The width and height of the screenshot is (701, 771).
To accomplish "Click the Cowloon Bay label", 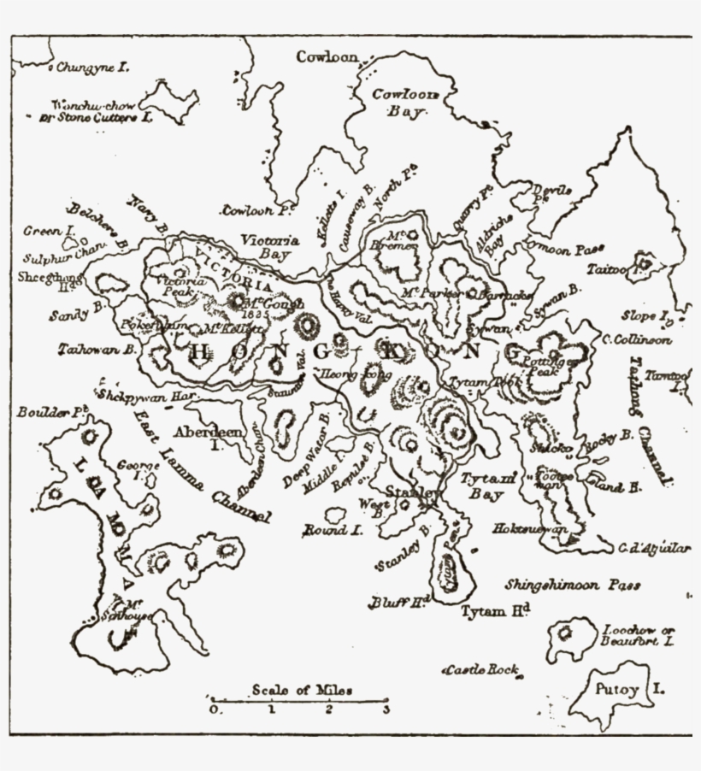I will (404, 103).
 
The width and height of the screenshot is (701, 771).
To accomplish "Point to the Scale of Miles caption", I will (302, 690).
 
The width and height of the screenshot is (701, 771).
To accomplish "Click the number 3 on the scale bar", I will (386, 709).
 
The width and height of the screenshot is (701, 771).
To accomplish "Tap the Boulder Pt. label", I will (53, 412).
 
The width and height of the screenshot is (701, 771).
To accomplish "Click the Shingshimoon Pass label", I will (572, 586).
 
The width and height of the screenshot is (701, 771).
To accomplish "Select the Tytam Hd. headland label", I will (496, 611).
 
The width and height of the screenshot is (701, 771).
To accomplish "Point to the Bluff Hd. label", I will (398, 602).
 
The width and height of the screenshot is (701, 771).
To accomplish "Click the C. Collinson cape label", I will (636, 339).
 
